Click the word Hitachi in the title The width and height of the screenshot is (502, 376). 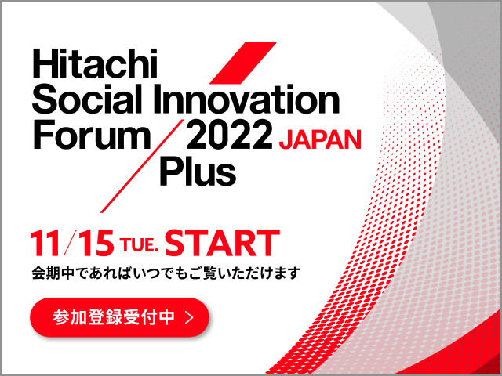click(x=95, y=63)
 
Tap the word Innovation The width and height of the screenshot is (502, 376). click(x=246, y=99)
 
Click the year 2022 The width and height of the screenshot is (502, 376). click(x=229, y=135)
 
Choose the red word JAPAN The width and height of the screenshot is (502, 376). click(x=320, y=139)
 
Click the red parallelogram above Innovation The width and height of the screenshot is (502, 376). click(x=242, y=63)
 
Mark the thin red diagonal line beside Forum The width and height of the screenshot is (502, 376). click(x=142, y=166)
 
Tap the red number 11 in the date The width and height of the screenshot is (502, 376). click(x=45, y=243)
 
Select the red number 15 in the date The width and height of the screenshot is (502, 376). click(x=95, y=243)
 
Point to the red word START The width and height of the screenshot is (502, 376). click(x=222, y=243)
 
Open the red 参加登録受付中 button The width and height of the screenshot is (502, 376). click(x=120, y=317)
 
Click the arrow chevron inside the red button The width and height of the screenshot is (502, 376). click(x=190, y=317)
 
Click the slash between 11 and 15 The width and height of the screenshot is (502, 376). click(x=69, y=243)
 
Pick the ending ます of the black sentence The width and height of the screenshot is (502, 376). click(x=286, y=273)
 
